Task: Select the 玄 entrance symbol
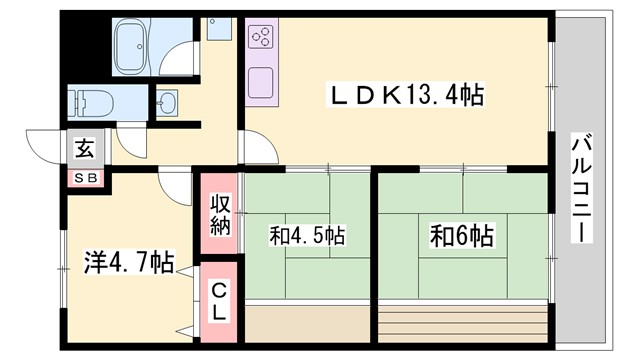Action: pyautogui.click(x=84, y=149)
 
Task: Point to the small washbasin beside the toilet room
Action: pyautogui.click(x=165, y=101)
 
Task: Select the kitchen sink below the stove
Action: pyautogui.click(x=261, y=81)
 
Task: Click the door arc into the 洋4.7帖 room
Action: pyautogui.click(x=175, y=183)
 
